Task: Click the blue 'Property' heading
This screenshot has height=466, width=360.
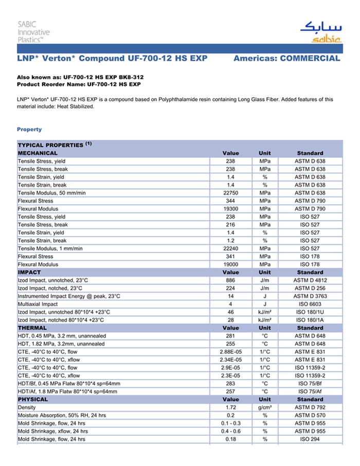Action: (x=29, y=129)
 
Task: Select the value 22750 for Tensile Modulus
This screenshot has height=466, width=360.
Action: (x=230, y=193)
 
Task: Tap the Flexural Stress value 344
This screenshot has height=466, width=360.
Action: (x=230, y=201)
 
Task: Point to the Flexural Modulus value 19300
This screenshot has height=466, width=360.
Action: (x=230, y=209)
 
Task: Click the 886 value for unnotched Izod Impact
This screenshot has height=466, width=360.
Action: (x=230, y=280)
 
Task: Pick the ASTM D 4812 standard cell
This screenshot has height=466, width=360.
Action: (x=310, y=280)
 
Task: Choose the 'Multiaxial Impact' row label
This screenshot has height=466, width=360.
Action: (x=38, y=304)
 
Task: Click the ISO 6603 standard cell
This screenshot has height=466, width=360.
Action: (x=310, y=304)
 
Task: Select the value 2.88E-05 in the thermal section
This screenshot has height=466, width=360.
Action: (x=230, y=352)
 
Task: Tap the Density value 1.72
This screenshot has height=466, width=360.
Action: (x=230, y=407)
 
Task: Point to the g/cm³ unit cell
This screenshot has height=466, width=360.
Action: (x=265, y=407)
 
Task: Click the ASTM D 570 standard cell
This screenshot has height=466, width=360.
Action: (x=310, y=416)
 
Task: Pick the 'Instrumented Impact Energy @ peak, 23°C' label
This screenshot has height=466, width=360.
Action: (x=69, y=296)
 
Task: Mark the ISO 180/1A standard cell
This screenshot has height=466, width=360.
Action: (x=310, y=320)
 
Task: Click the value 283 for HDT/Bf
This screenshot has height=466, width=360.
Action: (x=230, y=384)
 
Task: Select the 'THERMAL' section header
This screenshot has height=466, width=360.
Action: (x=32, y=328)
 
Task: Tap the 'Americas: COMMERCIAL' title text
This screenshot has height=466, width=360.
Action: (x=286, y=58)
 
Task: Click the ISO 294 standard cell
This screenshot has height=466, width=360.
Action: (x=310, y=439)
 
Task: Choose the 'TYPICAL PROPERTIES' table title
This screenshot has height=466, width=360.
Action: (x=51, y=145)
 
